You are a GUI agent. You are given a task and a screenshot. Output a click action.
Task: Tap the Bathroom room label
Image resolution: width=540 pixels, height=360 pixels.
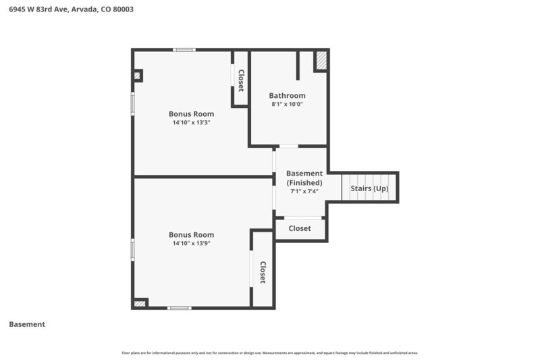click(287, 95)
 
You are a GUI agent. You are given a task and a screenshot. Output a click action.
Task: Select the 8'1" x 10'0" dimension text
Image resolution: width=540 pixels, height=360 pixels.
click(287, 105)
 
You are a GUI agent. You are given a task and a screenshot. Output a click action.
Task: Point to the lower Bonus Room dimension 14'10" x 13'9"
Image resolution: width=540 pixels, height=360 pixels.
click(191, 243)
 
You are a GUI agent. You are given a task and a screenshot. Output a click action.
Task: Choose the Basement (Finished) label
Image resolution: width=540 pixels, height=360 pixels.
click(304, 178)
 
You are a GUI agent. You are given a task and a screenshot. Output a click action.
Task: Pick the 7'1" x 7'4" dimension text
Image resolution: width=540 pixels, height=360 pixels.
click(304, 191)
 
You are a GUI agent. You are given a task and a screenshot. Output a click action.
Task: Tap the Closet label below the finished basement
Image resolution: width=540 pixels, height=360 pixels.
click(300, 228)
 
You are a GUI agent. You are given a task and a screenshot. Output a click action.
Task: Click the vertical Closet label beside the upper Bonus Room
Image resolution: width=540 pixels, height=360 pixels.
click(240, 80)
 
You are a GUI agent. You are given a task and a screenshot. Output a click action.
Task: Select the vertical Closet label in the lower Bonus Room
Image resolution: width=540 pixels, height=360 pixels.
click(263, 272)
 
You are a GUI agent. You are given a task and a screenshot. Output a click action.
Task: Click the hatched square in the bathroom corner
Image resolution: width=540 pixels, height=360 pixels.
click(321, 61)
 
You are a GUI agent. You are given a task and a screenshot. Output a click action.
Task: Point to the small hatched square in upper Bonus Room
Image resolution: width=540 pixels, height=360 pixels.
click(137, 76)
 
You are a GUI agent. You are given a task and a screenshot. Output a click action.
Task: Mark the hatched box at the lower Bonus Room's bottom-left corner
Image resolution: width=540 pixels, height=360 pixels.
click(140, 304)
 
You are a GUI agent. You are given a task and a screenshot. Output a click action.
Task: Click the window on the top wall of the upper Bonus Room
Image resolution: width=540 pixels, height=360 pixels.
click(184, 49)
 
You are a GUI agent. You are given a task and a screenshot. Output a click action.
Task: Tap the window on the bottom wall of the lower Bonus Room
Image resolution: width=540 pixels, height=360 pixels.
click(179, 308)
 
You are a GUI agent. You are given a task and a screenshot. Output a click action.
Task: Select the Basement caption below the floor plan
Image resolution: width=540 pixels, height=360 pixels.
click(27, 324)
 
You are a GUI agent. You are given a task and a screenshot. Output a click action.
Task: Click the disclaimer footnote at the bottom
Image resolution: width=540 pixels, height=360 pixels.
click(270, 353)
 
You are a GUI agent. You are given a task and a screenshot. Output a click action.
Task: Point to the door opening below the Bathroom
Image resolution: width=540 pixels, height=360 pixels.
click(289, 146)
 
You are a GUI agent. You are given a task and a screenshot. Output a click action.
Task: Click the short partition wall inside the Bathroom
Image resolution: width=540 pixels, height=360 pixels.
click(298, 65)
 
